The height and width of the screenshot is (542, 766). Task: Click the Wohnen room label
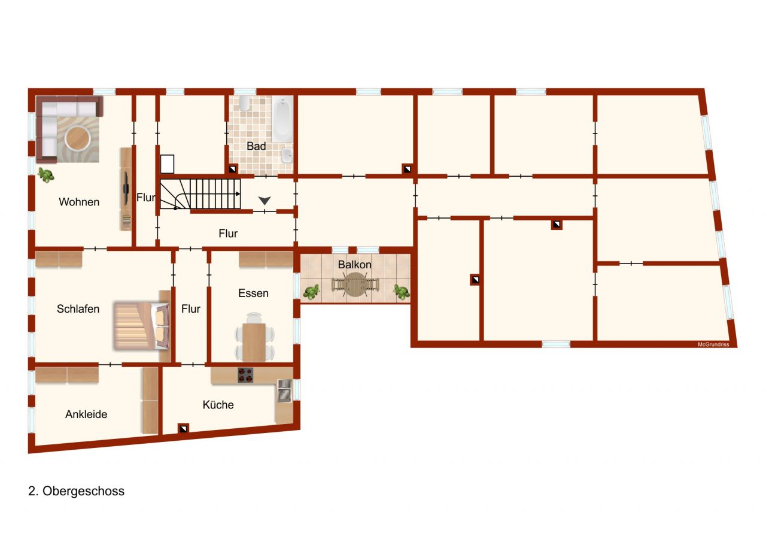[x=79, y=202]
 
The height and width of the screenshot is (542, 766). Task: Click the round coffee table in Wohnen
[x=78, y=139]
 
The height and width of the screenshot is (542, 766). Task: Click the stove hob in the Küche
[x=245, y=375]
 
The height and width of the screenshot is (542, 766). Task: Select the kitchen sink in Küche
[x=284, y=390]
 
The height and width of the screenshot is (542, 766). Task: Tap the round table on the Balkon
[x=356, y=284]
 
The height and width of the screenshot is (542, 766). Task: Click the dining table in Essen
[x=254, y=341]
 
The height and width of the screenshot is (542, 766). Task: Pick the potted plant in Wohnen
[x=45, y=175]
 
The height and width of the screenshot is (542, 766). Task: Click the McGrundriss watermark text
[x=713, y=344]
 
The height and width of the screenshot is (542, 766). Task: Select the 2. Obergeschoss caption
[x=77, y=491]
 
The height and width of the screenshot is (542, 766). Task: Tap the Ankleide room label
[x=86, y=414]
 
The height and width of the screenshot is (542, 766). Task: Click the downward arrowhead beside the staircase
[x=265, y=201]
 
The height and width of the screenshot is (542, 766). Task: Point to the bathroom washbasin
[x=286, y=156]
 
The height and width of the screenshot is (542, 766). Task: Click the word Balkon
[x=355, y=265]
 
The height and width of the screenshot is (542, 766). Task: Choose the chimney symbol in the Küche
[x=183, y=428]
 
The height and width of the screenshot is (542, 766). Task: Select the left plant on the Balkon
[x=311, y=292]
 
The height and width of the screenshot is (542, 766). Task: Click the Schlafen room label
[x=78, y=309]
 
